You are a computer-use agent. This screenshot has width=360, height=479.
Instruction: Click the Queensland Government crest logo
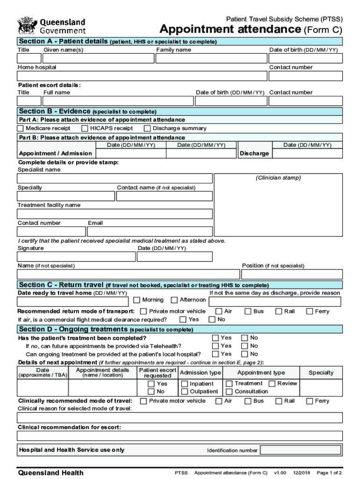coord(27,25)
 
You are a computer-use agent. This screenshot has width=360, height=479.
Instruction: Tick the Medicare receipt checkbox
coord(21,129)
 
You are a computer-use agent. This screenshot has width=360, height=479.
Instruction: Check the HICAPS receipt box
coord(85,129)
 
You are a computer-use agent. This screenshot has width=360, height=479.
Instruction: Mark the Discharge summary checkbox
coord(147,129)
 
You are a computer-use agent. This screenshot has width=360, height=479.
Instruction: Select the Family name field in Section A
coord(210,58)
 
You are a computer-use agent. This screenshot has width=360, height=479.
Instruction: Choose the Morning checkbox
coord(137,300)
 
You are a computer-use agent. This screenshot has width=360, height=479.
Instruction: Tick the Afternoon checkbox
coord(174,300)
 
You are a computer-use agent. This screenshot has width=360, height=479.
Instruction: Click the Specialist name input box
coord(115,179)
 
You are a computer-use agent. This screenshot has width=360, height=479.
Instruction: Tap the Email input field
coord(150,232)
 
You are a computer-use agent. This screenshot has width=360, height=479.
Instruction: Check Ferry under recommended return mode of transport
coord(310,312)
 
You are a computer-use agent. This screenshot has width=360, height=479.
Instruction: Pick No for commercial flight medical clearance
coord(212,320)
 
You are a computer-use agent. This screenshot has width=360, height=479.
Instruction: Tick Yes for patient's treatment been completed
coord(216,338)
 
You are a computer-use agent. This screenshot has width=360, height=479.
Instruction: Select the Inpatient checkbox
coord(185,384)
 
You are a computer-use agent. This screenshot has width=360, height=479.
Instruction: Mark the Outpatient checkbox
coord(185,392)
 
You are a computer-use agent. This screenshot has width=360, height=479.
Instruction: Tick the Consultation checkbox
coord(230,392)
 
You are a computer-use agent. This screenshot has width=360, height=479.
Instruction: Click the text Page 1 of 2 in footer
coord(329,473)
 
